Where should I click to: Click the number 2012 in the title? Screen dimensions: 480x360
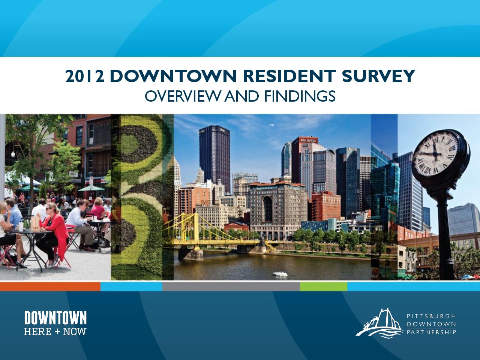tap(85, 76)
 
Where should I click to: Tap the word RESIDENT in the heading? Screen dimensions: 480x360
tap(289, 76)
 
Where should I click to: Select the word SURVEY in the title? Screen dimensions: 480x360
tap(378, 76)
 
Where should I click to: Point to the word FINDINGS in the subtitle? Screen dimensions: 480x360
tap(300, 96)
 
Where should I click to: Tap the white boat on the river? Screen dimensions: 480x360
tap(280, 274)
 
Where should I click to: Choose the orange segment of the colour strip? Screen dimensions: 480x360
tap(50, 286)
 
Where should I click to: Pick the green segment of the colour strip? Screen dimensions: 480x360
tap(324, 286)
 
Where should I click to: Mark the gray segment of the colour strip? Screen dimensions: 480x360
tap(231, 286)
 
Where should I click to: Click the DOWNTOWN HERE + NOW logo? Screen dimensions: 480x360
tap(55, 323)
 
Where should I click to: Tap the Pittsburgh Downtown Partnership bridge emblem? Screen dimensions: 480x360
tap(379, 323)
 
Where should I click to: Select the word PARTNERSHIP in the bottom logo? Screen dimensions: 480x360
tap(431, 332)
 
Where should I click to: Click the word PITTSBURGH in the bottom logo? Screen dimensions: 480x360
tap(431, 316)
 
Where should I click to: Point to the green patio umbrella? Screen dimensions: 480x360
tap(91, 188)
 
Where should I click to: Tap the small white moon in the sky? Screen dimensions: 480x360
tap(272, 125)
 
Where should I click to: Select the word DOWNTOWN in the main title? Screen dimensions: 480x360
tap(173, 76)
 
